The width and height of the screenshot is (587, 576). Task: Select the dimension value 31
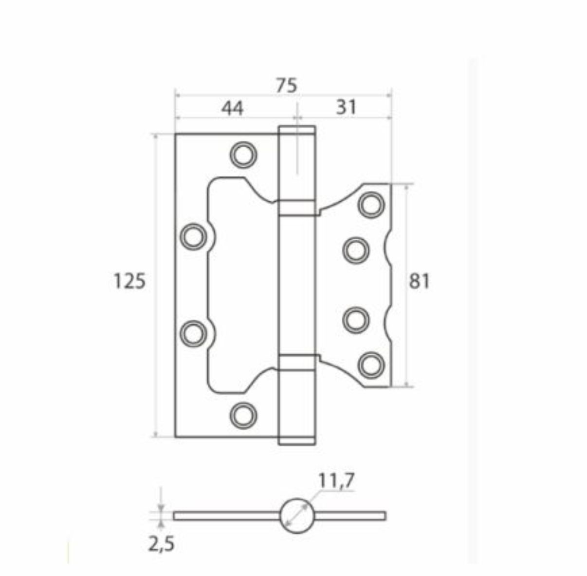(x=346, y=107)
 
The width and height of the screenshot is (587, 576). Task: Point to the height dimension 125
(x=129, y=281)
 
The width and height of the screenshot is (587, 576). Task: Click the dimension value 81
(x=419, y=281)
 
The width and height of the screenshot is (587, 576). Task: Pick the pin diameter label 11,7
(x=337, y=481)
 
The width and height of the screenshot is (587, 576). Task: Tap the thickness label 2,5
(x=161, y=544)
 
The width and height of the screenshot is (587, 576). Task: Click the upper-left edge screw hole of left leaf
(x=193, y=236)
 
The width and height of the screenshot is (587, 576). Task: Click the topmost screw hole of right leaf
(x=371, y=204)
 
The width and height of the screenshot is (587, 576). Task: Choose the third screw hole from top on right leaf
(x=356, y=320)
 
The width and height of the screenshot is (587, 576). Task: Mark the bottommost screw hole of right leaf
(x=371, y=364)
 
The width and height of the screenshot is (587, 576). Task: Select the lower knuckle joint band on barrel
(x=296, y=363)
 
